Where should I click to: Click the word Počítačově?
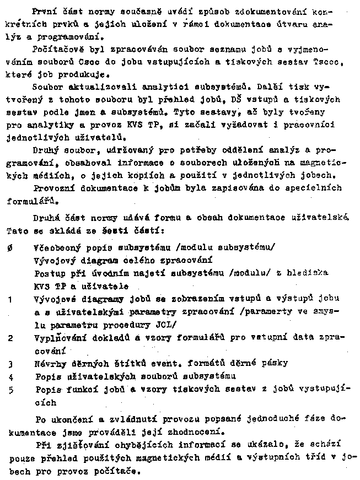pos(56,49)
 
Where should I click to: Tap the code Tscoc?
pos(329,62)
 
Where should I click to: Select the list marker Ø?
pos(12,249)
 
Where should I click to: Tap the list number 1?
pos(10,299)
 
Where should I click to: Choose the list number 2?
pos(10,337)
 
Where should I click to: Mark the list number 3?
pos(10,364)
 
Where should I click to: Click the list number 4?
pos(10,377)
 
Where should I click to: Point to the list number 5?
pos(10,390)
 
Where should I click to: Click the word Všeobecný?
pos(56,248)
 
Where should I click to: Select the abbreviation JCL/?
pos(165,324)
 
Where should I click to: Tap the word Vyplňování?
pos(57,337)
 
